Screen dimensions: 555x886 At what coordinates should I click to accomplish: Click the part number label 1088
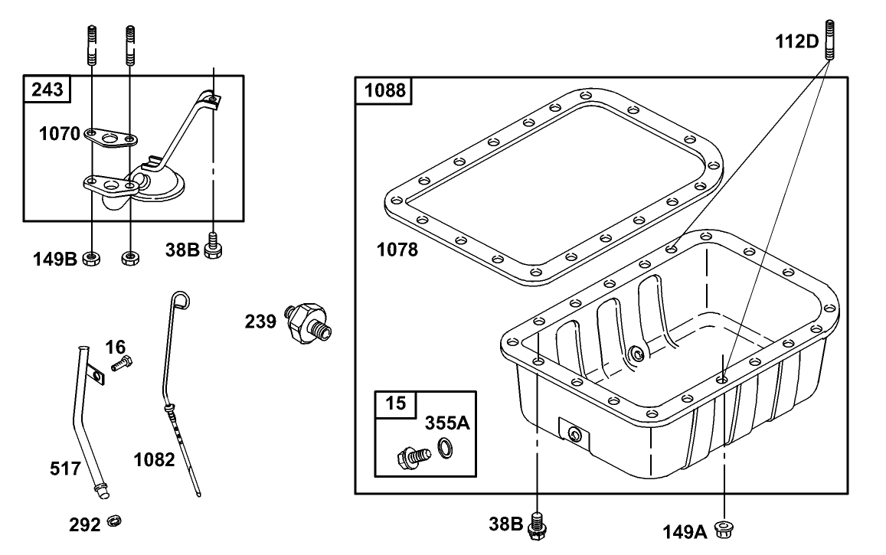[x=383, y=91]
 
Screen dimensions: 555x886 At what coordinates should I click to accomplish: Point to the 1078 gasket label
[x=397, y=249]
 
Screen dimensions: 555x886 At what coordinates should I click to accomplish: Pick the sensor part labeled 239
[x=309, y=322]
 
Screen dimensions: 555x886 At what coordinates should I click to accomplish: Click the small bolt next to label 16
[x=121, y=364]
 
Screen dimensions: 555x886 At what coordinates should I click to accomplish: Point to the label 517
[x=65, y=468]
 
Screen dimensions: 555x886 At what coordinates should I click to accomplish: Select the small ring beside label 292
[x=114, y=523]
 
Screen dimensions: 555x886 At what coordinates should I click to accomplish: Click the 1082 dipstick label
[x=154, y=459]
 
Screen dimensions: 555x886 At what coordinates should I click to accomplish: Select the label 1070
[x=60, y=134]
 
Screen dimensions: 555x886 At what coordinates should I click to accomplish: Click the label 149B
[x=54, y=259]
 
